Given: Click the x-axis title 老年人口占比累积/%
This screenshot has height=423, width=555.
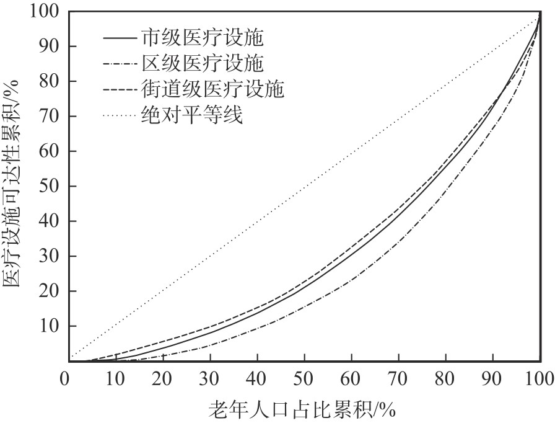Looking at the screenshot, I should pyautogui.click(x=302, y=409).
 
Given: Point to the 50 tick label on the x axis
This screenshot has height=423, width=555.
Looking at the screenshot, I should pyautogui.click(x=302, y=378).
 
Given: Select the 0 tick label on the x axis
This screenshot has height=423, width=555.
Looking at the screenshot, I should pyautogui.click(x=65, y=378).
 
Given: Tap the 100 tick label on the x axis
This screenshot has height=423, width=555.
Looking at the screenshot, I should pyautogui.click(x=540, y=378).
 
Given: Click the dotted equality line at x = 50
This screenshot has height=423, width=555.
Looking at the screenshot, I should pyautogui.click(x=302, y=186).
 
